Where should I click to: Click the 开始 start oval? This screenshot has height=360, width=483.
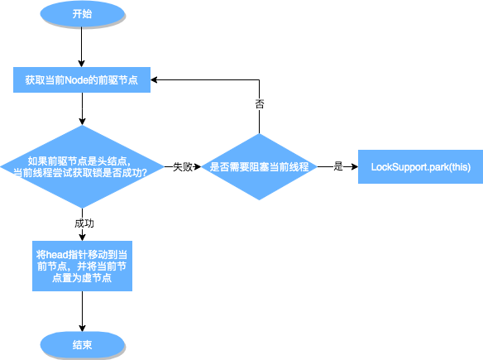coord(83,14)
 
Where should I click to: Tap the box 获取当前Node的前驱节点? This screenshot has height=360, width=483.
coord(81,80)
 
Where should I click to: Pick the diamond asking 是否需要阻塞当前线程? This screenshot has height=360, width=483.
coord(260,166)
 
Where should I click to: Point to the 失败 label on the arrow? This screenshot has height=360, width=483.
coord(183,166)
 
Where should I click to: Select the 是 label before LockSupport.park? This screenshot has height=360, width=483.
coord(337,166)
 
